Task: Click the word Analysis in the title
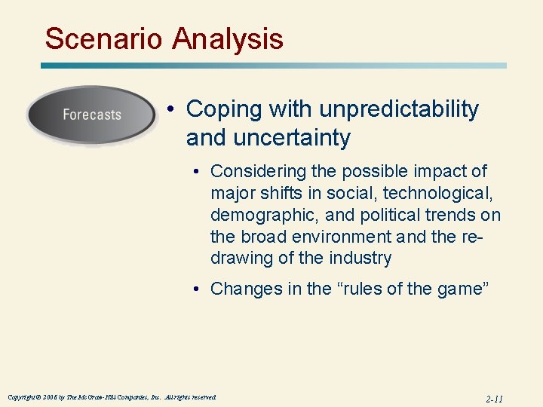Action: tap(229, 38)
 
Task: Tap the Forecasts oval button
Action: tap(91, 115)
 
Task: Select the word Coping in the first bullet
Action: tap(219, 109)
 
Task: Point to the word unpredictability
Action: tap(399, 109)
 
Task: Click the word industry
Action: tap(360, 259)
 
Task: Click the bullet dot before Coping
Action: tap(173, 110)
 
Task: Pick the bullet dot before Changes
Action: tap(197, 289)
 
